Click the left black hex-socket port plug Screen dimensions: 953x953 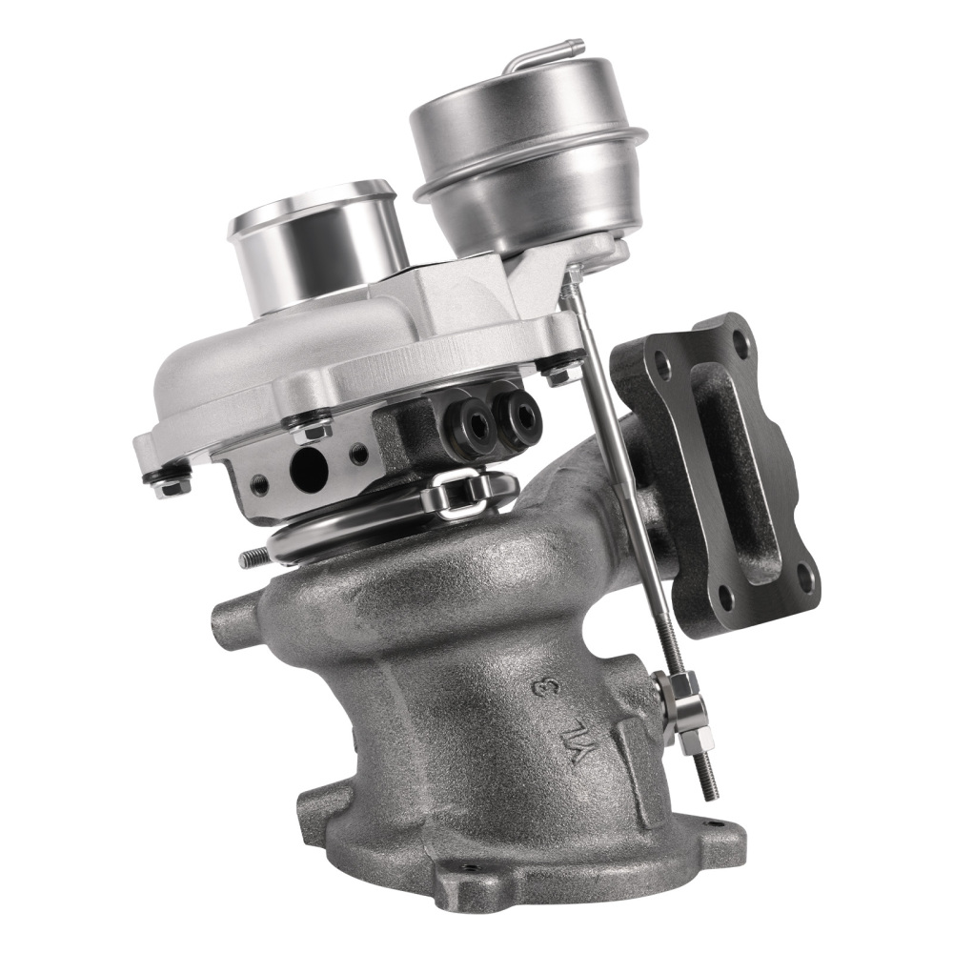[x=473, y=423]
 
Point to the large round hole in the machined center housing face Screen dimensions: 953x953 [x=308, y=469]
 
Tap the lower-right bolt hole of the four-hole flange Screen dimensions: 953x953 [x=803, y=575]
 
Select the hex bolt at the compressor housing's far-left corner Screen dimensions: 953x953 [x=172, y=486]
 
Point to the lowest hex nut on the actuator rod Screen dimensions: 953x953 [x=700, y=736]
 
